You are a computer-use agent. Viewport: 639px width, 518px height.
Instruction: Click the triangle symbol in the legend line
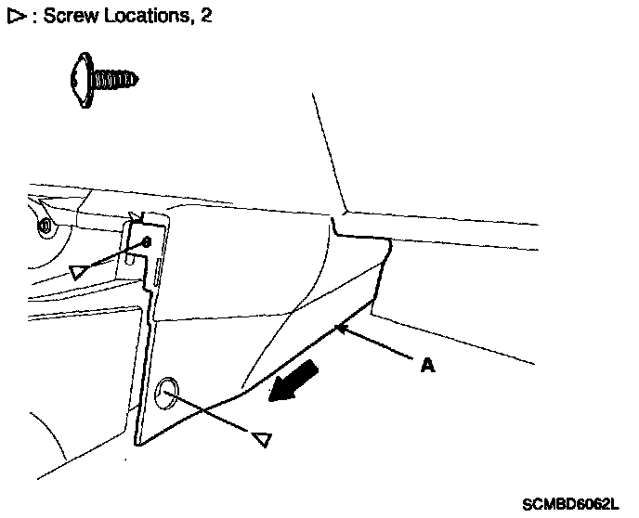(14, 18)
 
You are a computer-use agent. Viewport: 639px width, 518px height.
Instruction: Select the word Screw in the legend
(67, 18)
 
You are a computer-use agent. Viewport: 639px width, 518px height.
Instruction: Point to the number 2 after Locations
(205, 18)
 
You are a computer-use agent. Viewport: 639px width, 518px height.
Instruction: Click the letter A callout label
(426, 366)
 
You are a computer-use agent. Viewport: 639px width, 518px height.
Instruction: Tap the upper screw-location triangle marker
(81, 271)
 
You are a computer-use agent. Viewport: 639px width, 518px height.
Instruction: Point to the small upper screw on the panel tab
(144, 242)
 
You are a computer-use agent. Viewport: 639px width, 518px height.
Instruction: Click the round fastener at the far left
(44, 225)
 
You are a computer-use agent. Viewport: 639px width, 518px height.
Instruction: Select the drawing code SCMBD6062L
(568, 504)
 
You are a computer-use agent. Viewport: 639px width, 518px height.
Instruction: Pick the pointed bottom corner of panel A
(138, 444)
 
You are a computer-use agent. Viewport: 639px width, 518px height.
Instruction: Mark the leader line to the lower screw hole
(214, 413)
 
